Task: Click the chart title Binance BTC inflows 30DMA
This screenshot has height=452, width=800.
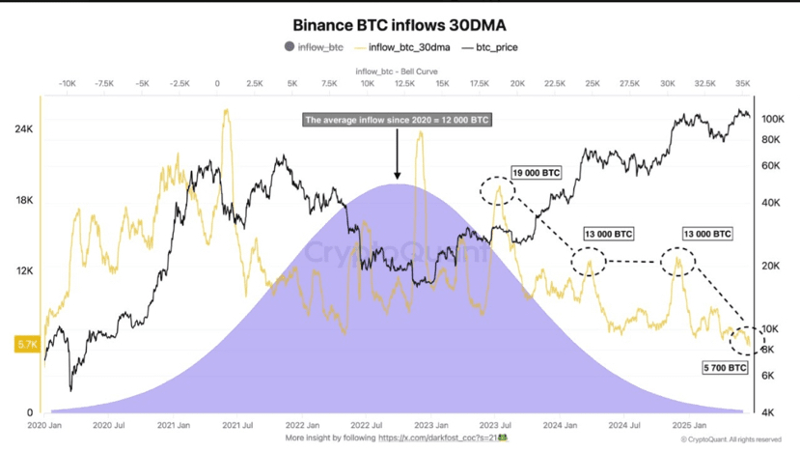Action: [x=400, y=24]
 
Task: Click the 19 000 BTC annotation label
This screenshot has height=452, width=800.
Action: [x=536, y=173]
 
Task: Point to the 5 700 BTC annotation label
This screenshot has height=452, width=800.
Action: [x=724, y=368]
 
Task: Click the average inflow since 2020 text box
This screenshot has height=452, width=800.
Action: [x=397, y=121]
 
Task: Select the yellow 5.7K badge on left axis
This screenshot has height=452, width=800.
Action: [x=26, y=344]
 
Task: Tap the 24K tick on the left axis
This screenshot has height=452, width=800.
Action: [x=23, y=129]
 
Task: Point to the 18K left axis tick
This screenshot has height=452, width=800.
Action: [x=23, y=201]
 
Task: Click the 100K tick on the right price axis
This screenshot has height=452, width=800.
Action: [x=771, y=119]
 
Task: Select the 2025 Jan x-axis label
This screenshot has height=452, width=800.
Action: [x=689, y=425]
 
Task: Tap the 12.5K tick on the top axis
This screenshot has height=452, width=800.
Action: [x=404, y=84]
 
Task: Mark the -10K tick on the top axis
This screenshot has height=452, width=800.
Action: [x=67, y=84]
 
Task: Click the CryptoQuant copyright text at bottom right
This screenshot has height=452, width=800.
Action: [x=731, y=439]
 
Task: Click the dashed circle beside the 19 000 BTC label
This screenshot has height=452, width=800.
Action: [x=498, y=189]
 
